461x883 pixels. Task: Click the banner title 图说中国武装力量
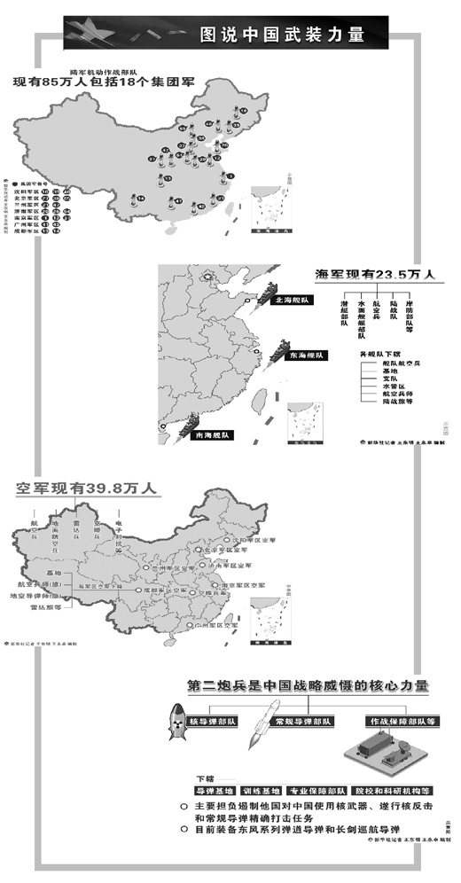point(281,35)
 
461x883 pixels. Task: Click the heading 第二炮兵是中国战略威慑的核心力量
point(308,686)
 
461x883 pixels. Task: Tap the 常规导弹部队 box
point(302,721)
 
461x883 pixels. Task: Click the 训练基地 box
point(262,789)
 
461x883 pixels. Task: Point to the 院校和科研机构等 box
point(392,789)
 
